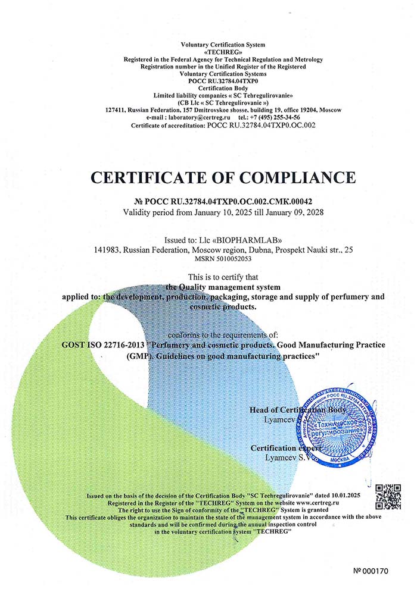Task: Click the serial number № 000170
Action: point(370,571)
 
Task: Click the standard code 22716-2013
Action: point(125,346)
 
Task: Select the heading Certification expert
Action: point(287,448)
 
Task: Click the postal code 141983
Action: point(107,250)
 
